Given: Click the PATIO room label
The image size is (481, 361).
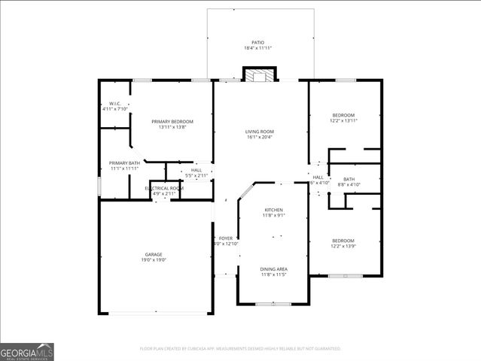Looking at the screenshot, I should point(257,42).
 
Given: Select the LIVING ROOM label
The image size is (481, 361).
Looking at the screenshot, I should point(259,132).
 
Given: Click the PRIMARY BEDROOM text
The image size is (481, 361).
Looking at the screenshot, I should point(172,122).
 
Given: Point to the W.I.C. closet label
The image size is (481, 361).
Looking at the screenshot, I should point(114,104).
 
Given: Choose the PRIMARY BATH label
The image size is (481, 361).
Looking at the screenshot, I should point(123,163).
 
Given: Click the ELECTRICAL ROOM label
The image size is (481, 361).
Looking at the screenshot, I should point(164,188).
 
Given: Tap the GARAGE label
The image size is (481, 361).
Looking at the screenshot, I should point(154,254).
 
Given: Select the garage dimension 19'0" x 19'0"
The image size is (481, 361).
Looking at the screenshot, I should point(154,260).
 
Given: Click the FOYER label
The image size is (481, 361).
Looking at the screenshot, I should point(226,238).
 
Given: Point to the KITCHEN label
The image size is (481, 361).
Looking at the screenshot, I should point(272,210).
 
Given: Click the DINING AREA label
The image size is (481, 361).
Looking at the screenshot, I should point(273,269).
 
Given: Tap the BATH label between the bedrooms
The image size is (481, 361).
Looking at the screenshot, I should point(349,179).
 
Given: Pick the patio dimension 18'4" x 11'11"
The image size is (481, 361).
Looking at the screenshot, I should point(257,48).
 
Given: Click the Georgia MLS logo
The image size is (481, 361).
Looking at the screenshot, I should point(27,351).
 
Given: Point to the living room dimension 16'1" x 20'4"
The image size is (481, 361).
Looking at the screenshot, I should point(259,137).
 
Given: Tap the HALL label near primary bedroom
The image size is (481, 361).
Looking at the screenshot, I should point(196,170).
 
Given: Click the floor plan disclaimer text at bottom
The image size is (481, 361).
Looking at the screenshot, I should point(240,349).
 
